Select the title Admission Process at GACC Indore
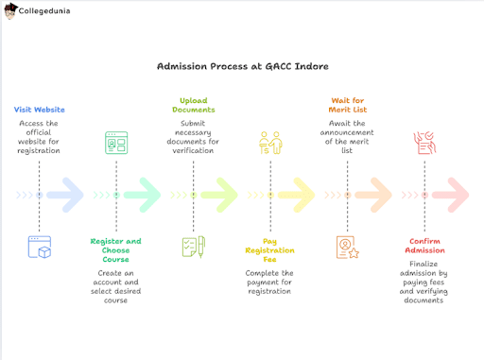point(241,67)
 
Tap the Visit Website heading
point(40,110)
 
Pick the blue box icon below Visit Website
point(40,247)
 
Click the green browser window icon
point(116,144)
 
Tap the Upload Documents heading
point(194,105)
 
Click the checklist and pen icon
point(193,247)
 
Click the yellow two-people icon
point(270,144)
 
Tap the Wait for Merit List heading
point(347,105)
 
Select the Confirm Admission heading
point(424,246)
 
